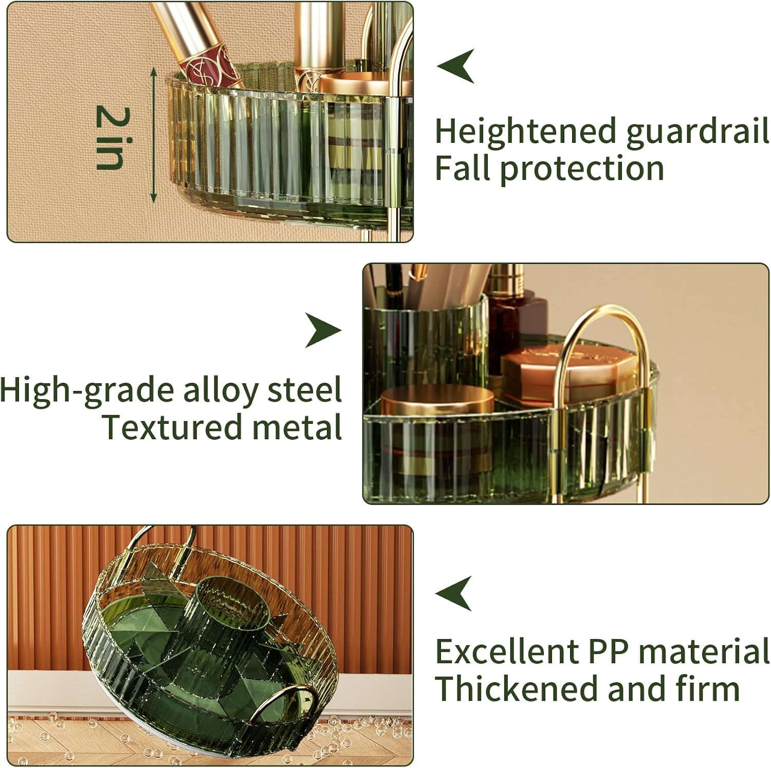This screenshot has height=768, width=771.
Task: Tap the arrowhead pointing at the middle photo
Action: pos(323,330)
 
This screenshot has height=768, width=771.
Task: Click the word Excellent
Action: pos(507,652)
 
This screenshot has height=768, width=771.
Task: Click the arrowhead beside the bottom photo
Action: pos(453,593)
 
